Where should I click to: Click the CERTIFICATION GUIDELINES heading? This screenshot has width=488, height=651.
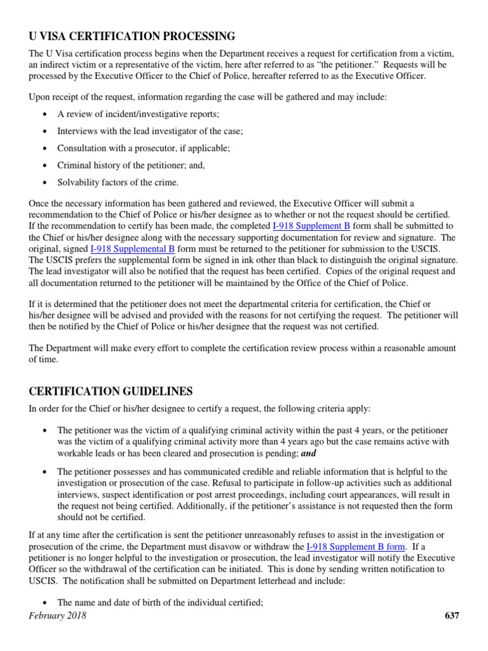tap(111, 391)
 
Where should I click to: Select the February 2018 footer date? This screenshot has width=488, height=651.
tap(58, 615)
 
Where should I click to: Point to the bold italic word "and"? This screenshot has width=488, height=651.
tap(308, 453)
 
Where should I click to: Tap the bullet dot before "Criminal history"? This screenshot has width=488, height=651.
tap(44, 165)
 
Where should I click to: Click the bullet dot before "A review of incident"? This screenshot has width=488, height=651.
tap(44, 114)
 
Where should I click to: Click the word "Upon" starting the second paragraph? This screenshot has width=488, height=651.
tap(40, 97)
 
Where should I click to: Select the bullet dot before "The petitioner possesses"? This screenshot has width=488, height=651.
tap(44, 472)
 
